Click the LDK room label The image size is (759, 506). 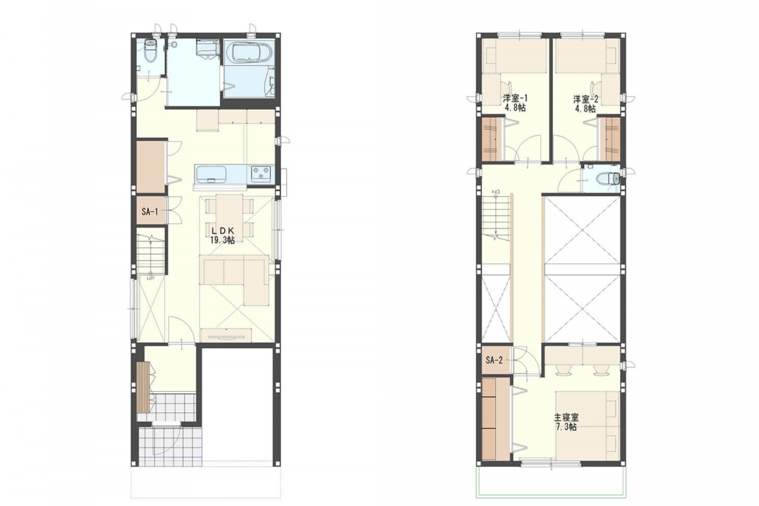pos(222,230)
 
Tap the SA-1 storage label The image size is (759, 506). pos(150,211)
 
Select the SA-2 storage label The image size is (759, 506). pos(494,360)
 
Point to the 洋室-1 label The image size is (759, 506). pos(515,98)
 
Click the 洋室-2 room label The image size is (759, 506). pos(586,99)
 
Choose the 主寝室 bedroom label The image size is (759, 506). pos(566,418)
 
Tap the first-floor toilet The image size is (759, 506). pos(151,50)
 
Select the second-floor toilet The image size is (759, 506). pos(607,178)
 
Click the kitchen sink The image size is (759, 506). pos(211,174)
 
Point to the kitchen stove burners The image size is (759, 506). pos(261,173)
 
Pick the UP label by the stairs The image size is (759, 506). pos(150,278)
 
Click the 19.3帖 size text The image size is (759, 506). pos(222,240)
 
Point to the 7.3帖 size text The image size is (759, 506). pos(566,427)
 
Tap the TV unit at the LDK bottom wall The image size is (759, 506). pos(225,337)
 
